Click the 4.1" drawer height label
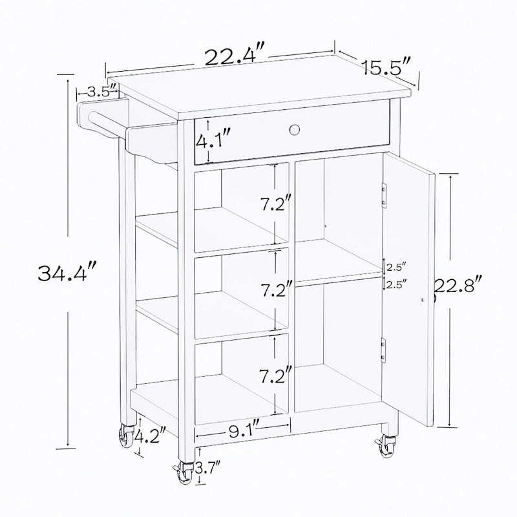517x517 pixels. pyautogui.click(x=214, y=138)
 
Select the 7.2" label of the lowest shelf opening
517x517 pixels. pyautogui.click(x=270, y=375)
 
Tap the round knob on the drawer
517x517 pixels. pyautogui.click(x=295, y=130)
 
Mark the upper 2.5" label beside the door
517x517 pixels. pyautogui.click(x=396, y=266)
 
